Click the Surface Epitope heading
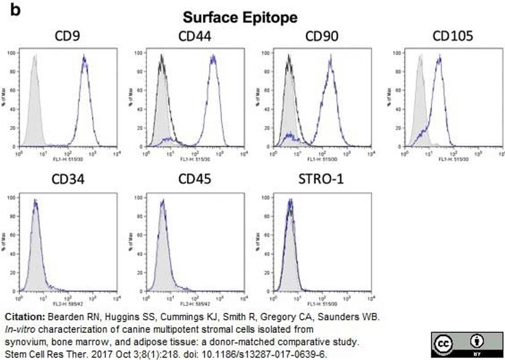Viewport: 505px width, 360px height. click(240, 18)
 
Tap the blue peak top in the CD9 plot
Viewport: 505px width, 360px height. click(85, 58)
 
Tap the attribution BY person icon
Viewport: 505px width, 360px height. click(479, 341)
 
